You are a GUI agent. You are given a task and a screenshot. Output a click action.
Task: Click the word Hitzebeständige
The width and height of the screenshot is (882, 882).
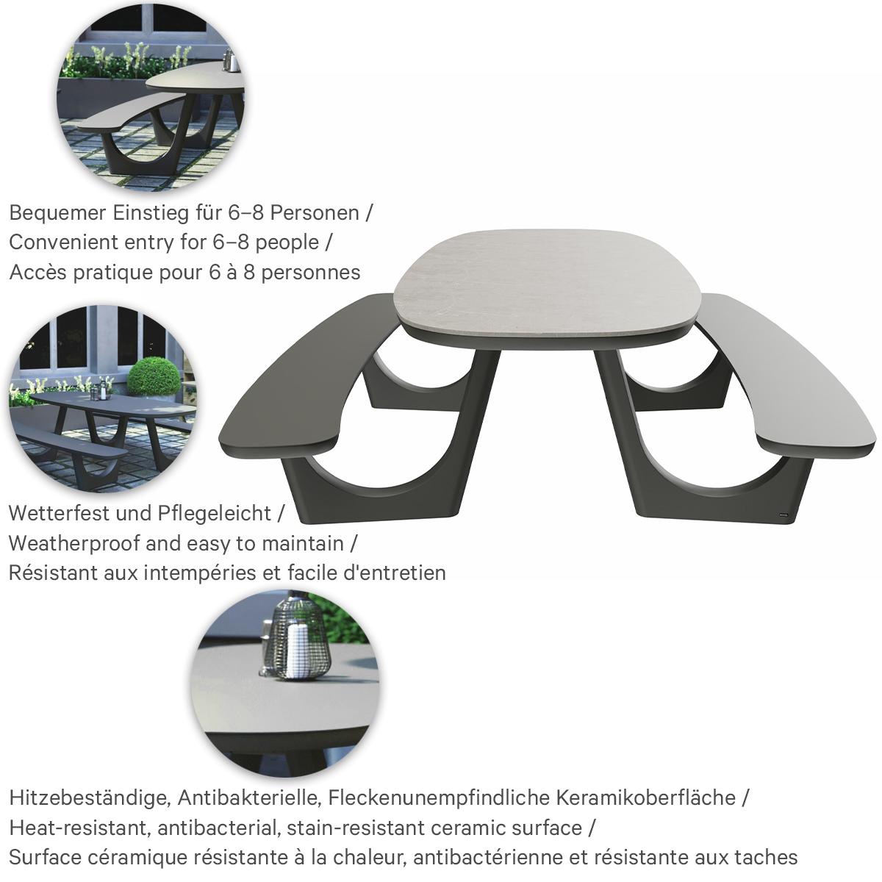tap(89, 797)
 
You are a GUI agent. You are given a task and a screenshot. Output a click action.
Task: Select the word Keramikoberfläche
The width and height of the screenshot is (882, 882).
tap(646, 797)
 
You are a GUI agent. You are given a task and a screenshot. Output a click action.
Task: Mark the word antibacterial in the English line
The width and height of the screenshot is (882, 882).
tap(220, 828)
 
